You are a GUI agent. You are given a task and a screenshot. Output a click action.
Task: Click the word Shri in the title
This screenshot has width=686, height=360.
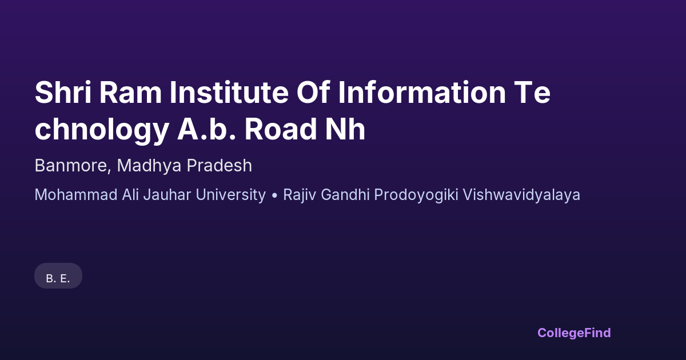(63, 93)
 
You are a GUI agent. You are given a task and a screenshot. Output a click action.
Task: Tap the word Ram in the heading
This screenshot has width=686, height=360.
(130, 93)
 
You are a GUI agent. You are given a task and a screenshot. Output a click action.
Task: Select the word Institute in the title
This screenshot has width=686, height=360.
(229, 93)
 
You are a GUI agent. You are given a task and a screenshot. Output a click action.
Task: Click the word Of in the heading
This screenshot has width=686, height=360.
(313, 92)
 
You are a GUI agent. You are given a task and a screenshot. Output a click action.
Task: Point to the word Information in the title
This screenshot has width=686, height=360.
(422, 93)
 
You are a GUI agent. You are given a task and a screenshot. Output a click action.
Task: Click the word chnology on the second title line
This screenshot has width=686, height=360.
(102, 130)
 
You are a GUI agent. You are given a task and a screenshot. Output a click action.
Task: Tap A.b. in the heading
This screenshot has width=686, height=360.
(207, 129)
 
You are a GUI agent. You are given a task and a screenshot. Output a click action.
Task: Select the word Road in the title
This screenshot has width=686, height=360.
(281, 129)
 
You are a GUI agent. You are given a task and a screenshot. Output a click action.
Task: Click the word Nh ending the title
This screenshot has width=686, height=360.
(345, 129)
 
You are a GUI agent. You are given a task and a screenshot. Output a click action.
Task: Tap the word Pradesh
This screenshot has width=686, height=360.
(220, 166)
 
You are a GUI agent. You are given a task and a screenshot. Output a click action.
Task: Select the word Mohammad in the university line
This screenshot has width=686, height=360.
(76, 195)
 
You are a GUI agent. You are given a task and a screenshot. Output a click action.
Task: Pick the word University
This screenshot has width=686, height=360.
(230, 195)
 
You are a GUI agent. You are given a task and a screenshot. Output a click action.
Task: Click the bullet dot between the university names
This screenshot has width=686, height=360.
(274, 195)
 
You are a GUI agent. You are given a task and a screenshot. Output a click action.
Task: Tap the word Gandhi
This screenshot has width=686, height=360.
(345, 195)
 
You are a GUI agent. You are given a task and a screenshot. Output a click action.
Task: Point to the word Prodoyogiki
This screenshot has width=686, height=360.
(416, 195)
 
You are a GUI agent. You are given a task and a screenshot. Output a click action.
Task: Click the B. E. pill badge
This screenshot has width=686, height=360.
(58, 276)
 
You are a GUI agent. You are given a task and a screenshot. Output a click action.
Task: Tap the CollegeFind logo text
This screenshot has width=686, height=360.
(574, 333)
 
